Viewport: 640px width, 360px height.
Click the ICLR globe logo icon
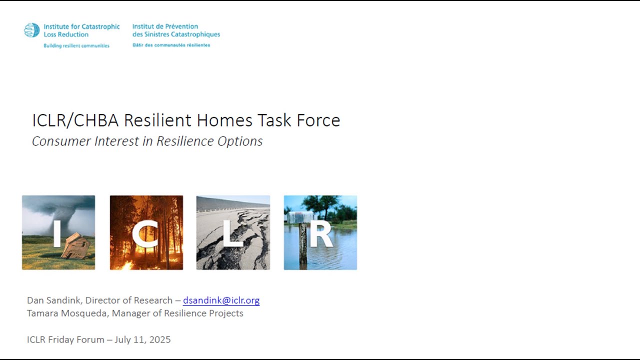coord(31,30)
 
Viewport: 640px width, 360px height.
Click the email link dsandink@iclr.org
coord(221,300)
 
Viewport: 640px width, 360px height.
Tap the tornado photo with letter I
coord(58,232)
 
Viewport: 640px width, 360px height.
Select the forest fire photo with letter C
coord(146,232)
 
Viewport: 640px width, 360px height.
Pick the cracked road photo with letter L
coord(233,232)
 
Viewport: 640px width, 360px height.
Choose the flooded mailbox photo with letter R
coord(320,232)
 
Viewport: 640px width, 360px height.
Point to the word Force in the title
coord(320,120)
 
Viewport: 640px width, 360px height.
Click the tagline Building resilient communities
coord(76,45)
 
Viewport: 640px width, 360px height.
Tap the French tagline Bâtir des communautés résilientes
coord(171,45)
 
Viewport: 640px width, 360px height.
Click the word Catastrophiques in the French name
coord(196,34)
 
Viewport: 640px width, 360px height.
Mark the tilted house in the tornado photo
coord(76,246)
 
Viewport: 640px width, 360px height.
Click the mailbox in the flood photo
coord(300,217)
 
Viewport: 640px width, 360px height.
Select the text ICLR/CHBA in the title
coord(76,120)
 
